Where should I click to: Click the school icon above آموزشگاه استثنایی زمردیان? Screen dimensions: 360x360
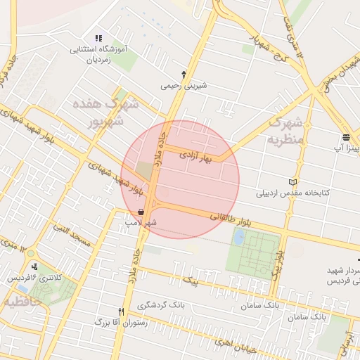(98, 38)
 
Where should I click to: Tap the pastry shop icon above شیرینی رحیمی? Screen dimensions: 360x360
(184, 74)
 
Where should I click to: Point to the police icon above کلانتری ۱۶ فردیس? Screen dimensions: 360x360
(34, 266)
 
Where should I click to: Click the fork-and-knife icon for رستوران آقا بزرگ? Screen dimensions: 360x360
(121, 311)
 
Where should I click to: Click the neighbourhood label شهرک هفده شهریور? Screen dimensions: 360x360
(98, 112)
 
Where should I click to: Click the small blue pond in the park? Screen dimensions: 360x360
(239, 238)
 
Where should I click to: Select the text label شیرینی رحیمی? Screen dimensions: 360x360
(184, 86)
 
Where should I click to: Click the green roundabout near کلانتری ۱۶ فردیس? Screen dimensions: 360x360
(30, 252)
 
